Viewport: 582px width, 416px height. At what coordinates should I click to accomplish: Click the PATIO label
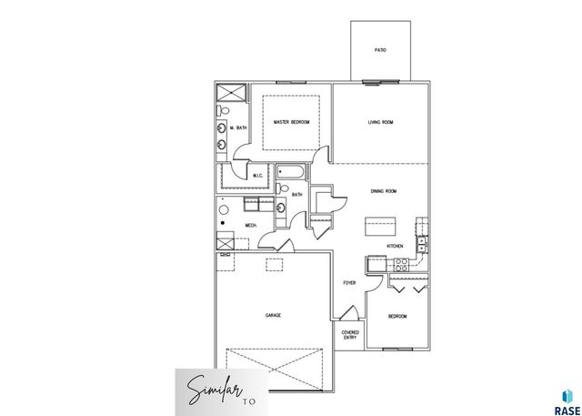coord(380,49)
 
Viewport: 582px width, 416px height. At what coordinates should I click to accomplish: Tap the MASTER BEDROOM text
coord(292,122)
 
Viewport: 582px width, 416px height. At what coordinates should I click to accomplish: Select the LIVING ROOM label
coord(380,122)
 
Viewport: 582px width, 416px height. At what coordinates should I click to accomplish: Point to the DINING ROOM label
coord(384,191)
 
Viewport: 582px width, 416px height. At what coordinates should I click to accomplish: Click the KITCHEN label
coord(395,247)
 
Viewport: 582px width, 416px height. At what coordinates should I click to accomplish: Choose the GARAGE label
coord(273,315)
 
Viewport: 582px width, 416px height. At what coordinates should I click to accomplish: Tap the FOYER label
coord(349,283)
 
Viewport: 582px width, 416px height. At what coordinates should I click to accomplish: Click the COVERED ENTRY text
coord(350,335)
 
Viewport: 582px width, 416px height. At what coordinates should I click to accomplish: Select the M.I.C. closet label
coord(246,176)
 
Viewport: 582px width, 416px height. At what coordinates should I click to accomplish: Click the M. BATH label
coord(238,128)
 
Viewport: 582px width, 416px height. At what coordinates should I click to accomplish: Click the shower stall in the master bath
coord(231,94)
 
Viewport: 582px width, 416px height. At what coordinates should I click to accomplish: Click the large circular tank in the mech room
coord(223,208)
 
